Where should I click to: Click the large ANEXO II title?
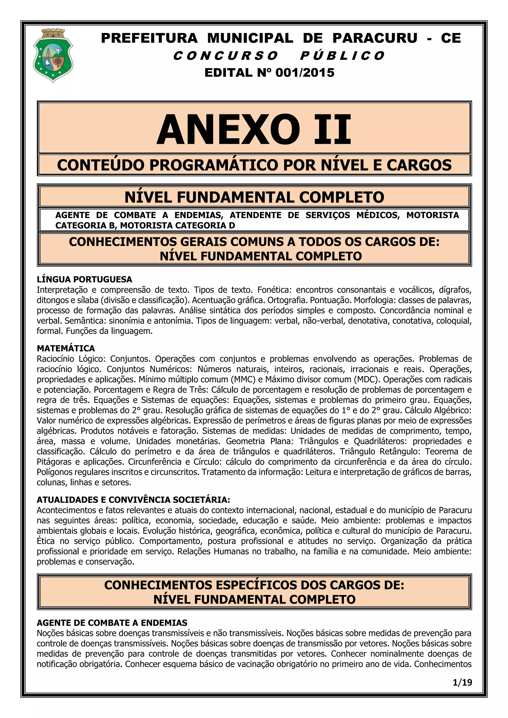(254, 129)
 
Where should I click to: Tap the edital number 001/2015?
(305, 73)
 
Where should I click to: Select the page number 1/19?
(462, 682)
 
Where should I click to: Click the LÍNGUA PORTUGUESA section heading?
(84, 279)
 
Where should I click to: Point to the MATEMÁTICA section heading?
(66, 348)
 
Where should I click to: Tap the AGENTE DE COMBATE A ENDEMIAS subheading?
(112, 623)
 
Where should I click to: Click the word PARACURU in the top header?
(375, 38)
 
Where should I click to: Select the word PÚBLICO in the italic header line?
(342, 56)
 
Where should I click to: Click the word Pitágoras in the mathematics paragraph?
(54, 462)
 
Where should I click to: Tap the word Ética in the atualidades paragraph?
(46, 541)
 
